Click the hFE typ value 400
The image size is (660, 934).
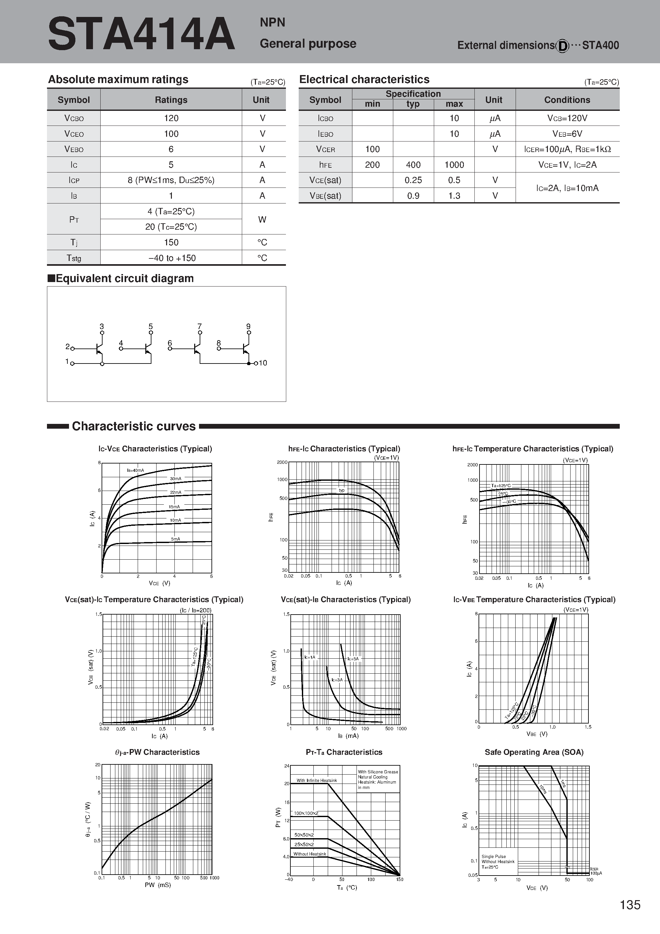click(x=413, y=165)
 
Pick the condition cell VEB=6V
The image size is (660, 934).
click(x=567, y=134)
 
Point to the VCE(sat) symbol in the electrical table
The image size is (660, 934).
click(x=325, y=180)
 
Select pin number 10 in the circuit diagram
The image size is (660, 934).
click(x=263, y=363)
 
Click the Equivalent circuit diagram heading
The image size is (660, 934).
click(x=121, y=279)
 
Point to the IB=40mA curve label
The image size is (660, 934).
click(x=135, y=470)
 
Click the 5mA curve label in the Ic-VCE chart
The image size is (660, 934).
click(x=175, y=539)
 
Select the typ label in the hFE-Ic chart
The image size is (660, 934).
click(x=342, y=490)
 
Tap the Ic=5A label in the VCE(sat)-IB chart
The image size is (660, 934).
click(x=353, y=659)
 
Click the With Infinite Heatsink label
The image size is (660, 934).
click(x=317, y=780)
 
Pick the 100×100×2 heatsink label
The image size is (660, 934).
click(x=306, y=813)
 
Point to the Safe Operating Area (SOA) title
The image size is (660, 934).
click(x=534, y=752)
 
